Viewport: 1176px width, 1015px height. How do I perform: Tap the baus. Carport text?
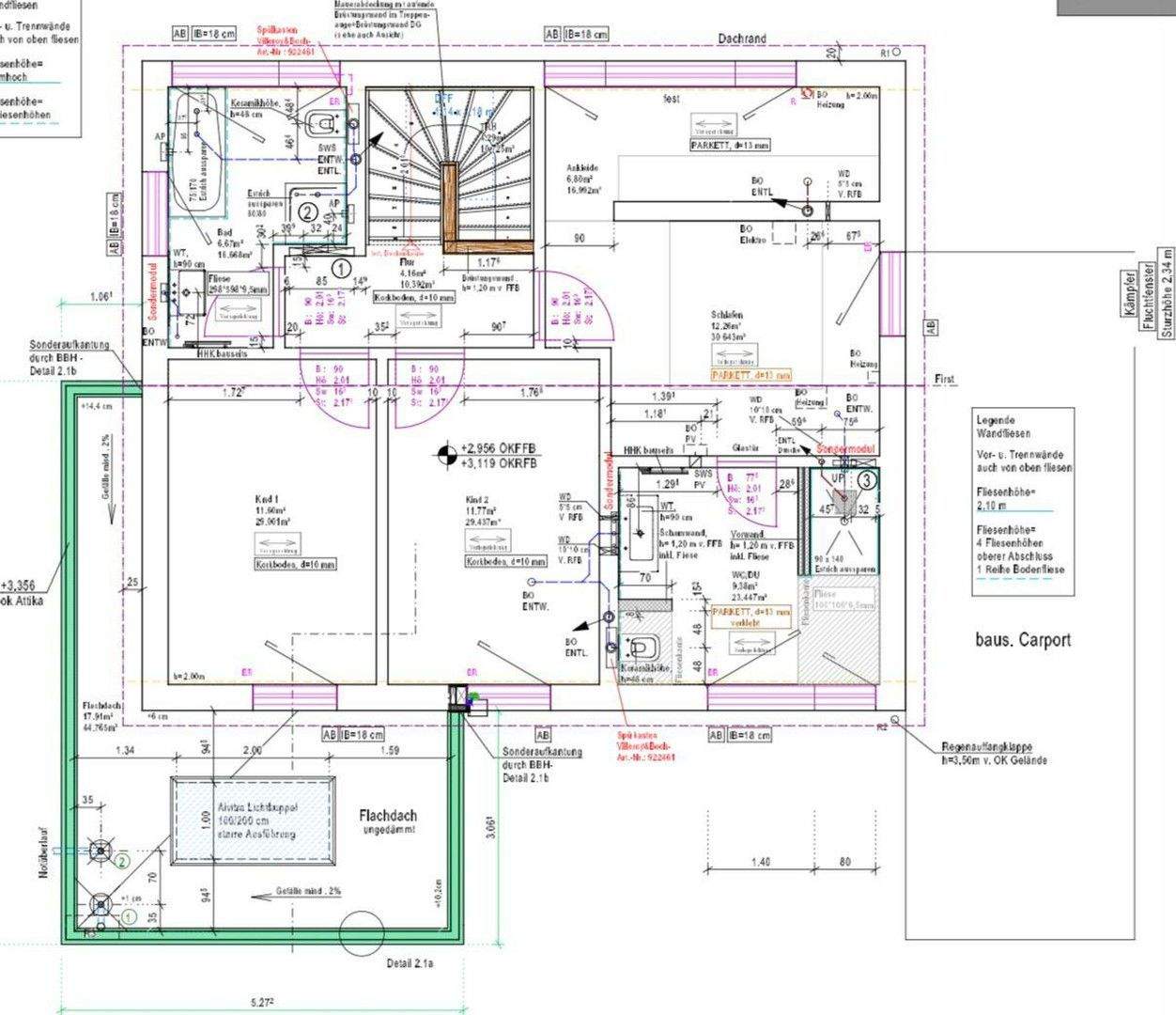click(1022, 640)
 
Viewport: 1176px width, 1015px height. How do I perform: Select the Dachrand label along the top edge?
click(742, 39)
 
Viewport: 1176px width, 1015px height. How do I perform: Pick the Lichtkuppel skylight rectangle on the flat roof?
click(253, 820)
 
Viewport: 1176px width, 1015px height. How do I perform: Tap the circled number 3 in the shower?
click(868, 478)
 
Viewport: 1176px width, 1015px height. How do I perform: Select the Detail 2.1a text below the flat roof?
click(415, 964)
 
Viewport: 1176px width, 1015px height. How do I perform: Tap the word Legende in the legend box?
click(996, 420)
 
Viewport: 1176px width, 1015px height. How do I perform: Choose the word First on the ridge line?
click(944, 379)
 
